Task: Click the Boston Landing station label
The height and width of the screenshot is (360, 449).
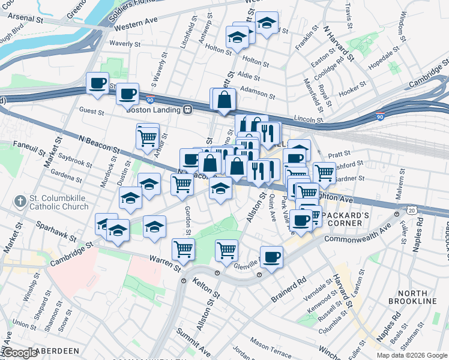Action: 154,109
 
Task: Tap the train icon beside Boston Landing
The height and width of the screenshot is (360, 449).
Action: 188,109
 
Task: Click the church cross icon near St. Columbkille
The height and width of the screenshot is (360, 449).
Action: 20,202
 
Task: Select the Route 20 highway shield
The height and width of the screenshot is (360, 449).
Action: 411,209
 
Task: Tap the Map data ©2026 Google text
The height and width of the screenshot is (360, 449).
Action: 412,355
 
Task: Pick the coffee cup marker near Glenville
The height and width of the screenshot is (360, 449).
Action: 271,257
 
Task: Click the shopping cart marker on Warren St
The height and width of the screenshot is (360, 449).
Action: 183,249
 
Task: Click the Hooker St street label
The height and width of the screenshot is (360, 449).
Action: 353,92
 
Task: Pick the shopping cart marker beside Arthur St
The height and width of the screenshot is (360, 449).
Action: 147,137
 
